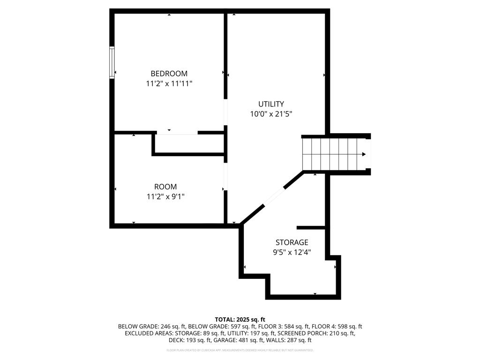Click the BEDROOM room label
[x=169, y=74]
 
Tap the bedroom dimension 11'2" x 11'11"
[x=169, y=83]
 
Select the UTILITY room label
[x=271, y=104]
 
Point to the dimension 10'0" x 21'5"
[x=271, y=114]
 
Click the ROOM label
[x=165, y=187]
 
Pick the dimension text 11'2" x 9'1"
[x=165, y=197]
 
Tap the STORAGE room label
[x=292, y=242]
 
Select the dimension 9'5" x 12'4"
[x=292, y=252]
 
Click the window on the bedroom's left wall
[x=112, y=61]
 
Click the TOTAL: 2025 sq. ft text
[x=240, y=319]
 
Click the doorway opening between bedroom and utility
[x=225, y=112]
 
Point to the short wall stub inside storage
[x=311, y=228]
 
